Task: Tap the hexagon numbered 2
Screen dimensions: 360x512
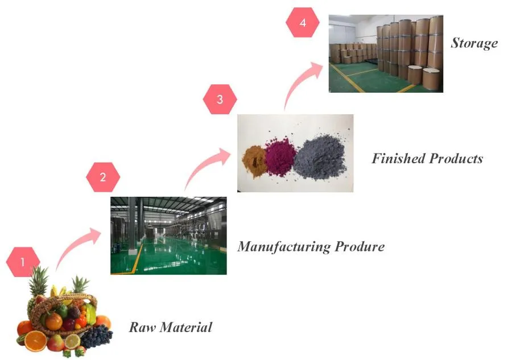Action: (x=103, y=177)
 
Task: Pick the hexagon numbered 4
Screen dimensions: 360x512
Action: (x=303, y=23)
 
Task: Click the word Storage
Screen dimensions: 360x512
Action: (x=474, y=43)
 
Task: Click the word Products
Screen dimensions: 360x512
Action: (x=457, y=158)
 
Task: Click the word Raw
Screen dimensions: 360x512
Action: (x=142, y=327)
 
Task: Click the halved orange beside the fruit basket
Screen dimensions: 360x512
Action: (x=35, y=341)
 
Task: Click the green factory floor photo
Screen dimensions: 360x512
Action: (x=168, y=235)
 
